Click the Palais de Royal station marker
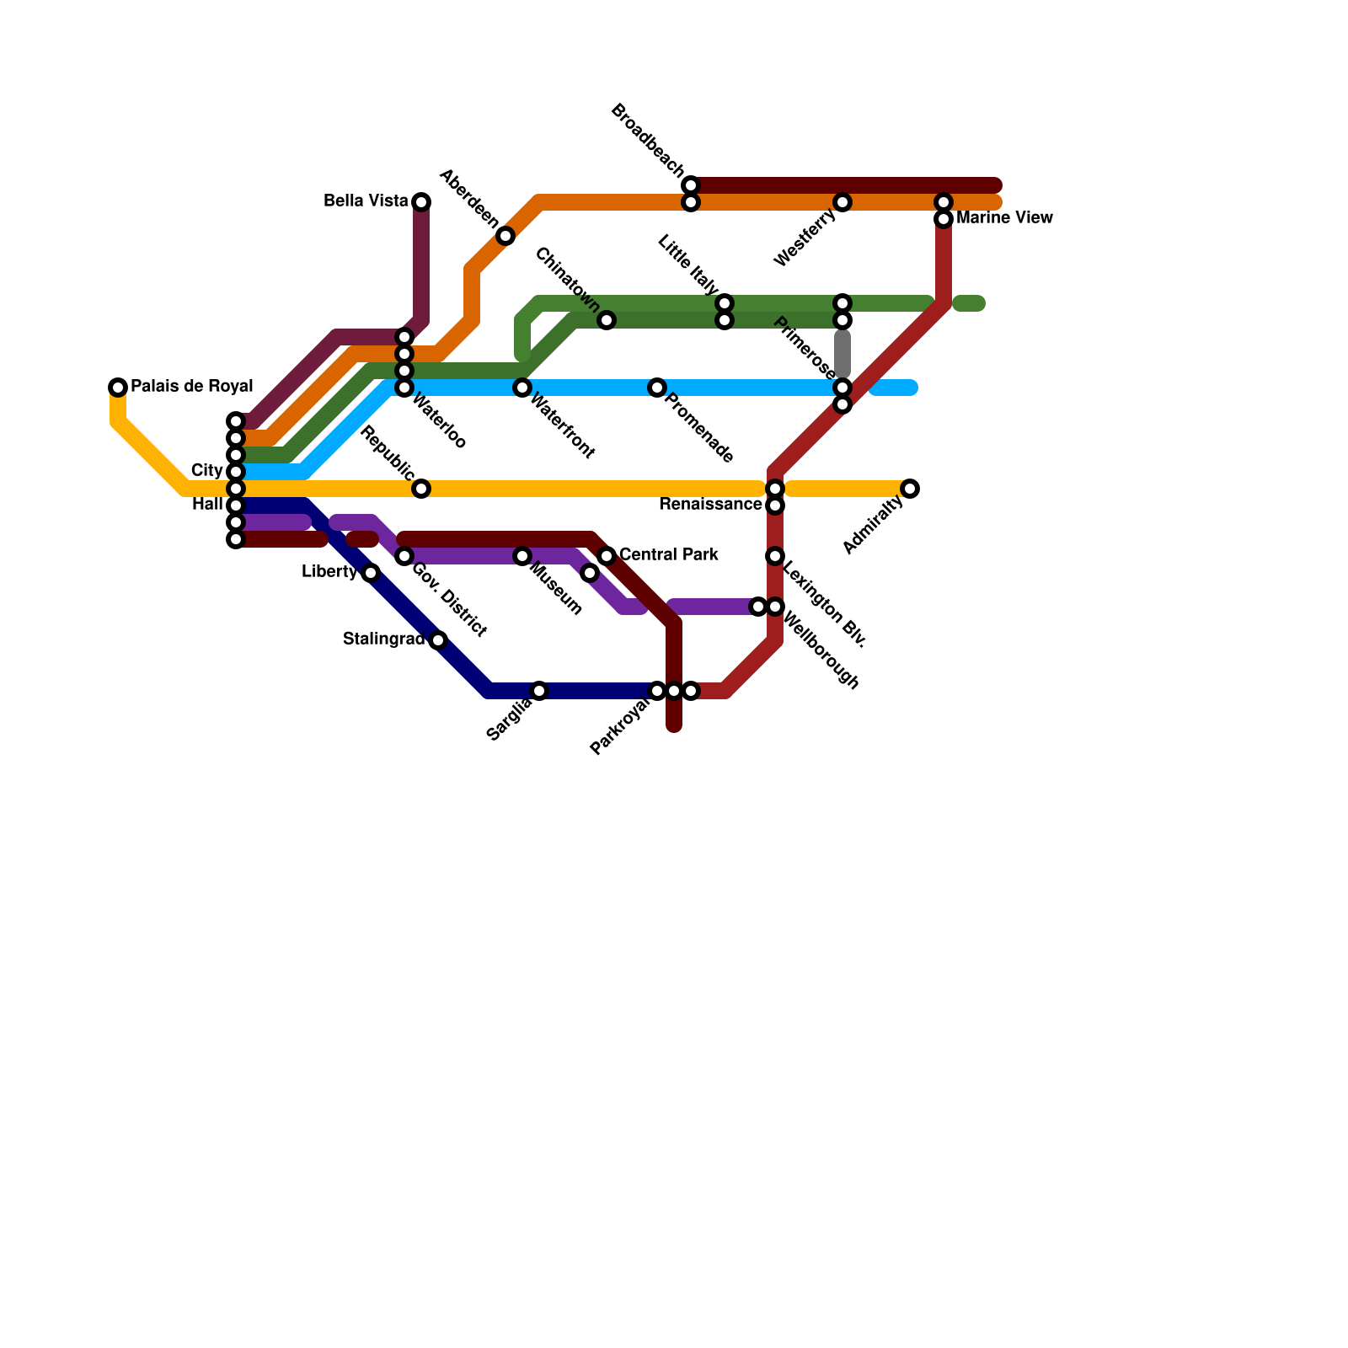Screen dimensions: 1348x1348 pos(118,388)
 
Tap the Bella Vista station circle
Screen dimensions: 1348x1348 pos(421,202)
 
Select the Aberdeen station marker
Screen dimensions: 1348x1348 pos(505,236)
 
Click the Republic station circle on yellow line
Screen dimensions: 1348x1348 pos(421,489)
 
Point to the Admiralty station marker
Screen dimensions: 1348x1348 pos(910,489)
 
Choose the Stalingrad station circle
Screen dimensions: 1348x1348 pos(438,640)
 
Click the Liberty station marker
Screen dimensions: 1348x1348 pos(371,573)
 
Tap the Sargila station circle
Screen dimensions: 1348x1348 pos(539,691)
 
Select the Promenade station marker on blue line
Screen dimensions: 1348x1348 pos(657,388)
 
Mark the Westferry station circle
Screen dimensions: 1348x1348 pos(842,202)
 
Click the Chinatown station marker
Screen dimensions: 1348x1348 pos(607,320)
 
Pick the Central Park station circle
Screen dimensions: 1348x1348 pos(607,556)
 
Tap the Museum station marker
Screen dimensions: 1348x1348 pos(522,556)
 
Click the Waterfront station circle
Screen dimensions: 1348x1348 pos(522,388)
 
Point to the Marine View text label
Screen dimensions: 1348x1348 pos(1004,218)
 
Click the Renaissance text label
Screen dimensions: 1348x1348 pos(710,505)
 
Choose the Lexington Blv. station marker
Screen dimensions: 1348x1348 pos(775,556)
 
